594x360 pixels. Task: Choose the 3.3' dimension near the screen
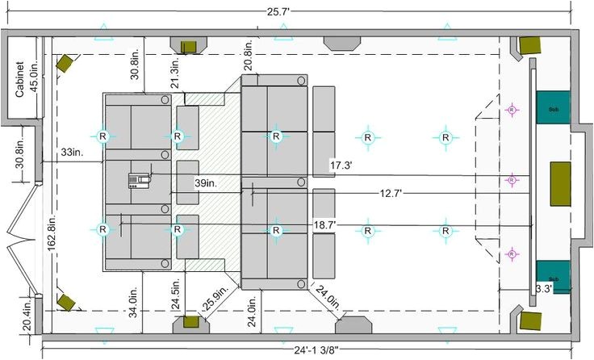[544, 287]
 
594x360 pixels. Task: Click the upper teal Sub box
[552, 107]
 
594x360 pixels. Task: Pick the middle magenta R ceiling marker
[510, 181]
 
